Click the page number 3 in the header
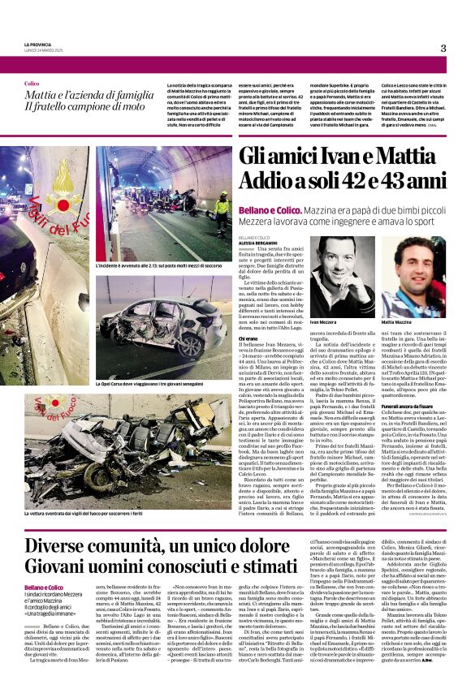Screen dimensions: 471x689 443,48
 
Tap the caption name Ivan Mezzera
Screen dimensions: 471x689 323,323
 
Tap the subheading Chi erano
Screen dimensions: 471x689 248,338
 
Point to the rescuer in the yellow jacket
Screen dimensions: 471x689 221,213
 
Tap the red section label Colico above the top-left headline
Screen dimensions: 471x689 32,84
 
